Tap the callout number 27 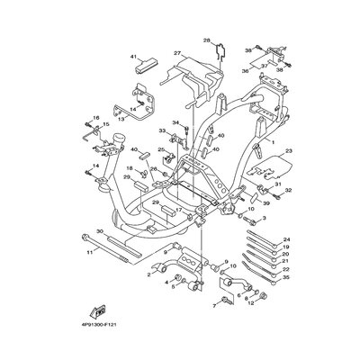coord(178,53)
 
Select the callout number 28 coord(206,40)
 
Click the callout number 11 coord(90,253)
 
